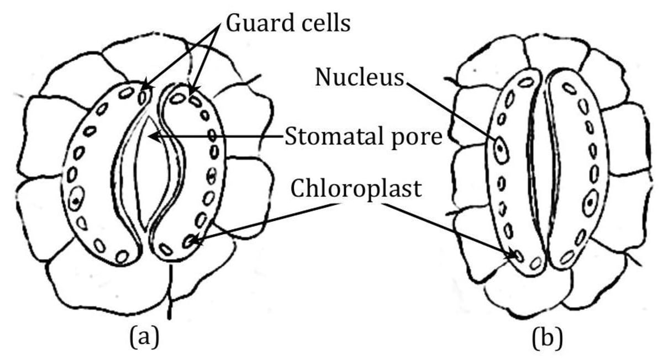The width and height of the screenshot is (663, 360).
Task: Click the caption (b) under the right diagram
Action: pyautogui.click(x=548, y=337)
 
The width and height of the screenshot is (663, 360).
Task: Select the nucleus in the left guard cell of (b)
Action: pyautogui.click(x=501, y=150)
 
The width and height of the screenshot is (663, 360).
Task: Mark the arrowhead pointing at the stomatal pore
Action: pyautogui.click(x=155, y=135)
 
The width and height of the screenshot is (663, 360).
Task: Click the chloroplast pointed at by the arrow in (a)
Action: pyautogui.click(x=190, y=241)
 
